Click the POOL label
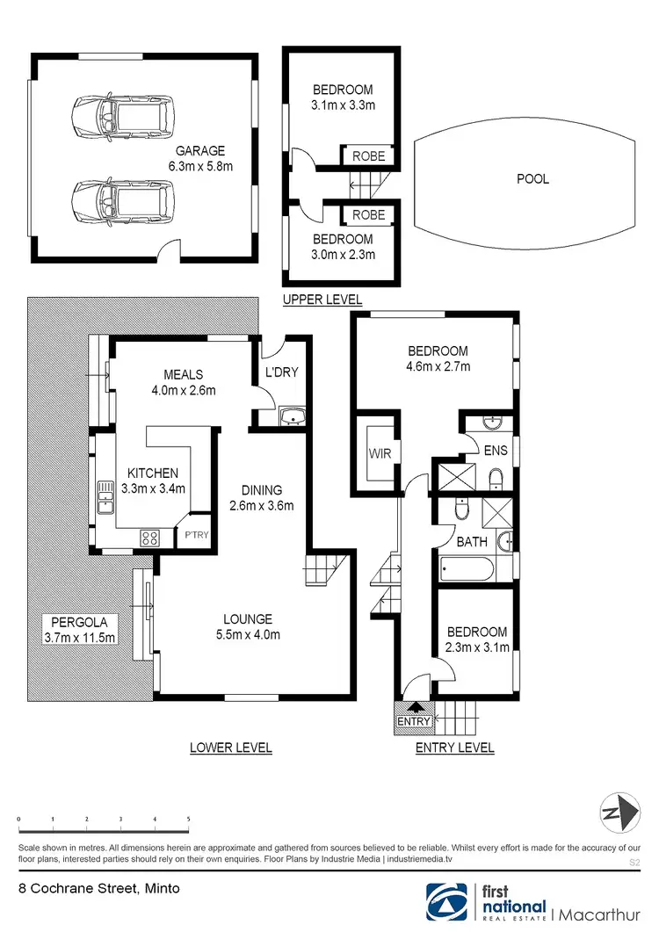pos(532,178)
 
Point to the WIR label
pos(380,453)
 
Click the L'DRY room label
pos(282,372)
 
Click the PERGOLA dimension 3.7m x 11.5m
pos(80,638)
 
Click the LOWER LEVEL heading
pos(231,748)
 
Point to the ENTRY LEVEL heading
pos(454,748)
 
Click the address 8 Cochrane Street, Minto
pos(99,889)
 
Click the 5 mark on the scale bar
pos(188,819)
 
